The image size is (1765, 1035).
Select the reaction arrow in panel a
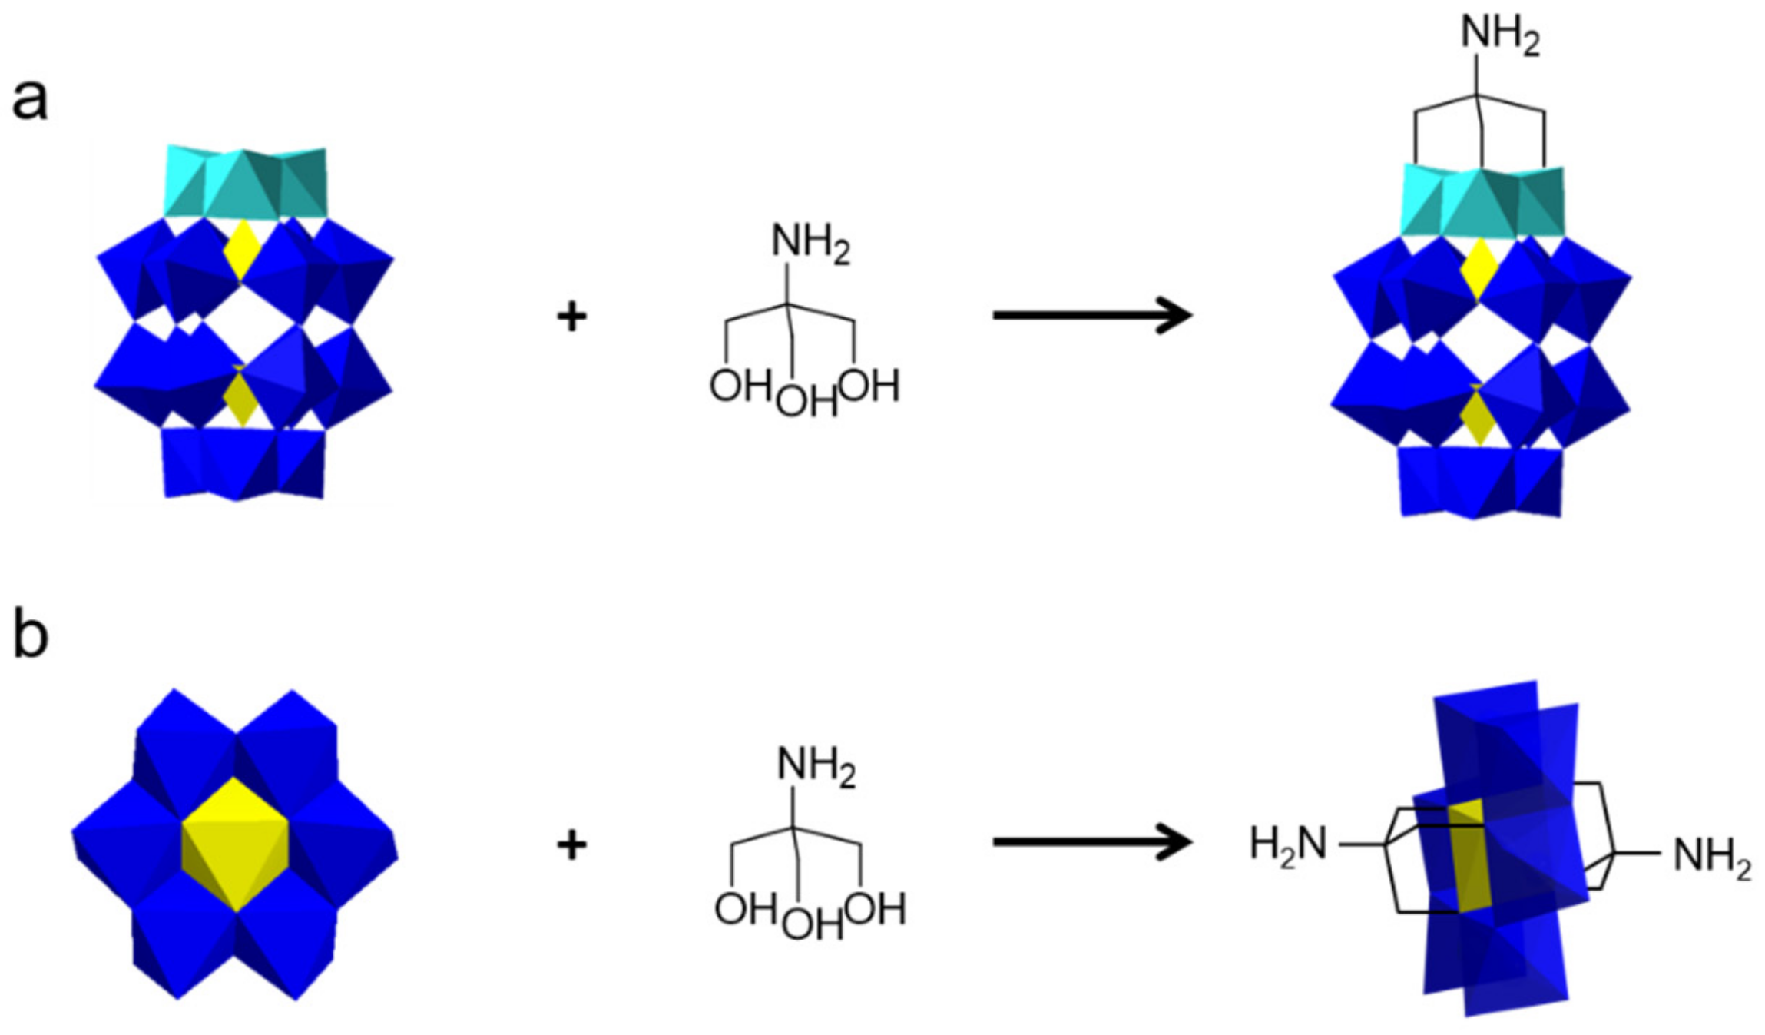click(x=1091, y=315)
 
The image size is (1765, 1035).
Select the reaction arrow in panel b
click(x=1091, y=842)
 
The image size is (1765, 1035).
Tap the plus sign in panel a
click(x=571, y=317)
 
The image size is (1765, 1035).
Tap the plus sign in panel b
click(x=571, y=845)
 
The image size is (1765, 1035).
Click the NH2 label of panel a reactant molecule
click(x=810, y=244)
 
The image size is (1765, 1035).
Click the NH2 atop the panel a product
click(x=1499, y=35)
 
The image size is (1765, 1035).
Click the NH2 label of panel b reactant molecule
click(x=816, y=768)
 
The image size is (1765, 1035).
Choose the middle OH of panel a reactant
click(x=805, y=401)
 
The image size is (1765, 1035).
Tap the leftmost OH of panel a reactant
click(x=740, y=385)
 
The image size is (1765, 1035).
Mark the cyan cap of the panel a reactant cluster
click(x=244, y=183)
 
